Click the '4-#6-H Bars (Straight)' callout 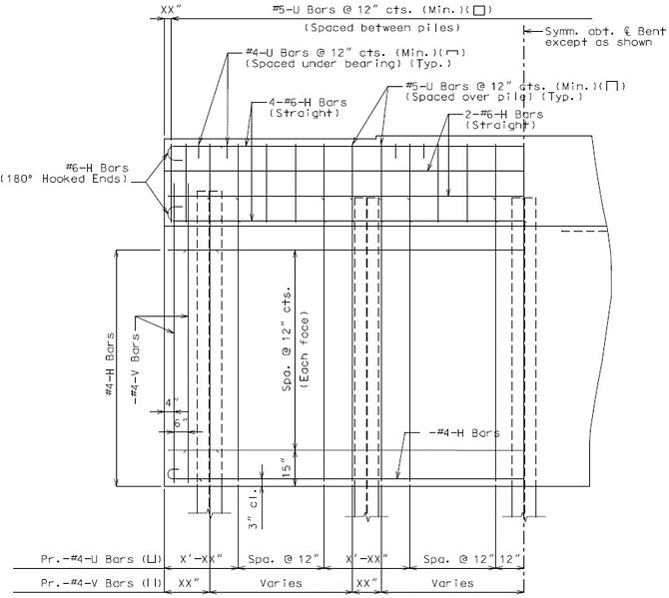click(x=308, y=108)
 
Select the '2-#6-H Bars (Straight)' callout click(x=504, y=120)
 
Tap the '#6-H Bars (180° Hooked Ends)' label click(x=64, y=173)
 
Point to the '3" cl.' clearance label click(x=254, y=508)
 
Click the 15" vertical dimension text click(x=287, y=468)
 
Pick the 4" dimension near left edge click(x=173, y=403)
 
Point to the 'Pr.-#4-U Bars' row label click(x=101, y=559)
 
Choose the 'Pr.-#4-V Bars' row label click(x=101, y=583)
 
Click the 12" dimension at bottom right click(x=510, y=559)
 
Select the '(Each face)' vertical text click(x=305, y=353)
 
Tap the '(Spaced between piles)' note click(x=382, y=28)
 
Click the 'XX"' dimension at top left click(x=168, y=10)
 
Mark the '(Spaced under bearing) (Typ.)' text click(x=348, y=64)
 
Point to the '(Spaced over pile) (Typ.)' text click(x=494, y=97)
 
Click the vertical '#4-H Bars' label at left click(x=110, y=364)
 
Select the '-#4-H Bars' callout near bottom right click(x=463, y=433)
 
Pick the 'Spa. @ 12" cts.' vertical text click(x=287, y=339)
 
